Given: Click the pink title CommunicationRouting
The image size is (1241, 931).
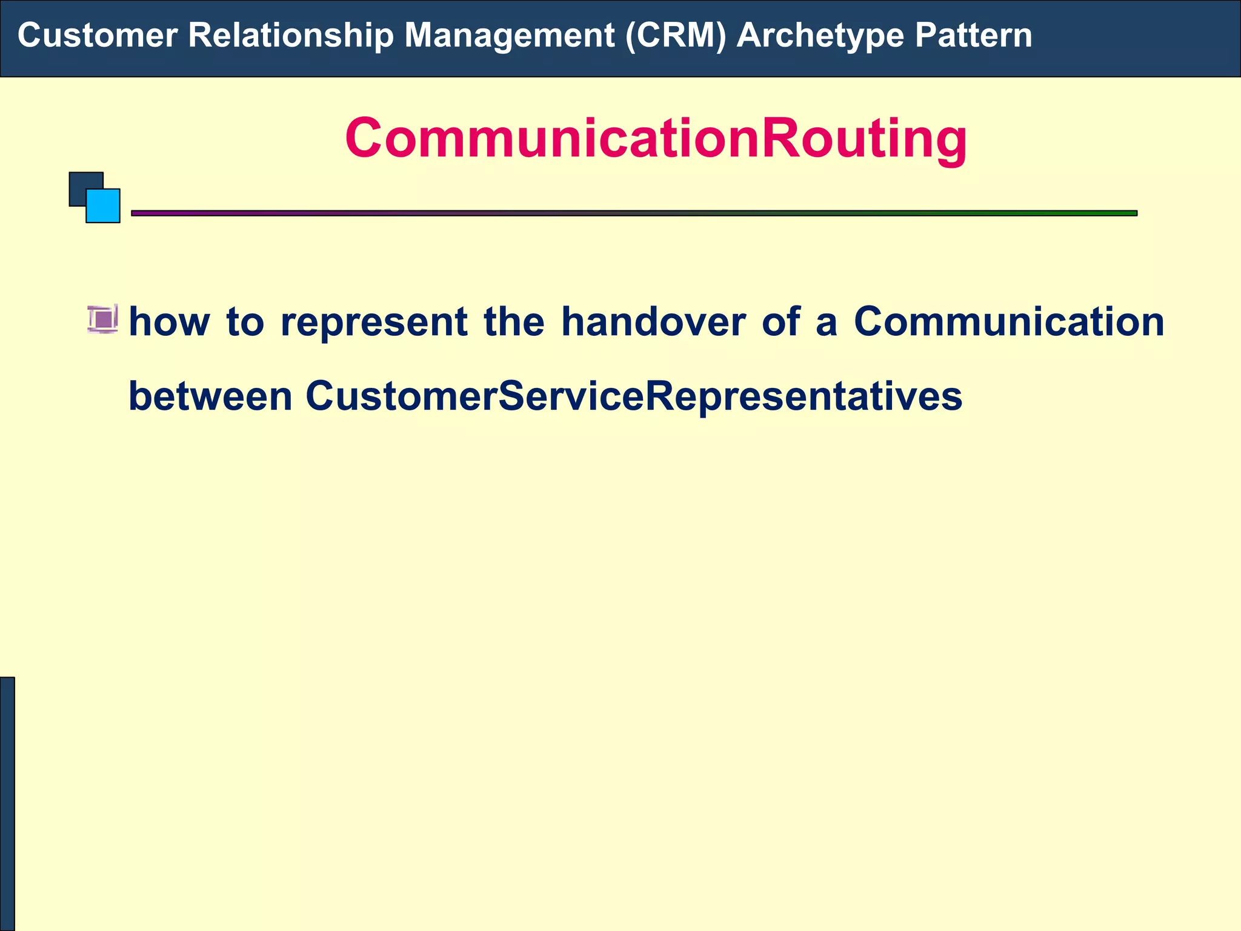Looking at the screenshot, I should click(656, 138).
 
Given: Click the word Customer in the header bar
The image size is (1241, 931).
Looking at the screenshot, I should click(97, 35).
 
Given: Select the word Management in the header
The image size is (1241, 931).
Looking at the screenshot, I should click(509, 35).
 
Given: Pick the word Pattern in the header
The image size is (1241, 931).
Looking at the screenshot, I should click(973, 35).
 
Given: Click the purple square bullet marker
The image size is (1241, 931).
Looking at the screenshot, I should click(102, 319).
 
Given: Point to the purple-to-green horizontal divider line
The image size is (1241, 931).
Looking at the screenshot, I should click(634, 213).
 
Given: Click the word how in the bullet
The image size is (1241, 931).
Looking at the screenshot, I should click(169, 321).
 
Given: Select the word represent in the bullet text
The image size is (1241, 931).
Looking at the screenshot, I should click(374, 321).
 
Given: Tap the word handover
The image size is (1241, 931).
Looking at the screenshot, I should click(653, 321).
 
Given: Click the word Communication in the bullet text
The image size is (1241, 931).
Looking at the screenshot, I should click(1009, 321).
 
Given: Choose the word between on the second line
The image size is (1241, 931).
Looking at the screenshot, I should click(210, 396).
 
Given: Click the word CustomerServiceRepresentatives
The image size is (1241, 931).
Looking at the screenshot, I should click(634, 396).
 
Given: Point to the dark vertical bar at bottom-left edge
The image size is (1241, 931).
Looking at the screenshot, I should click(7, 804).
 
